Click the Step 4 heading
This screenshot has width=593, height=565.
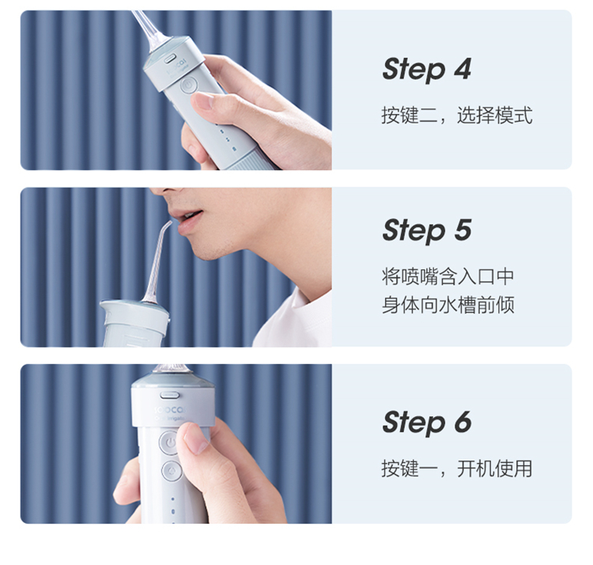pyautogui.click(x=427, y=70)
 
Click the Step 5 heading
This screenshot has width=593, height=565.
pyautogui.click(x=427, y=230)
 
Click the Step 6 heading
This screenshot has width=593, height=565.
pyautogui.click(x=427, y=423)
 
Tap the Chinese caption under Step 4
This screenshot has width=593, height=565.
pyautogui.click(x=457, y=115)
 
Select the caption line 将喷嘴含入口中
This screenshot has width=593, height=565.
pyautogui.click(x=448, y=276)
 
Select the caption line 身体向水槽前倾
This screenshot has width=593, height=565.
pyautogui.click(x=448, y=305)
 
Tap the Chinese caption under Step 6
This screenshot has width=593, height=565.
pyautogui.click(x=457, y=468)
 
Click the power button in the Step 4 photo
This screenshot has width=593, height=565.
pyautogui.click(x=188, y=85)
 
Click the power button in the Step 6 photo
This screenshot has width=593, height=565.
pyautogui.click(x=169, y=442)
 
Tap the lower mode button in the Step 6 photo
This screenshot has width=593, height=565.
pyautogui.click(x=172, y=471)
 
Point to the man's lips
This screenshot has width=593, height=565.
pyautogui.click(x=188, y=222)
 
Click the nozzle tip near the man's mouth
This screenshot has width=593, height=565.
pyautogui.click(x=169, y=223)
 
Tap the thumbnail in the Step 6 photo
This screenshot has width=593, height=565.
pyautogui.click(x=196, y=438)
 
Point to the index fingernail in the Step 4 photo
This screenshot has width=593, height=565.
pyautogui.click(x=202, y=101)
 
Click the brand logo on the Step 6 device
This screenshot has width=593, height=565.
pyautogui.click(x=170, y=410)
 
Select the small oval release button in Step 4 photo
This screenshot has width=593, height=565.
pyautogui.click(x=169, y=59)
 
